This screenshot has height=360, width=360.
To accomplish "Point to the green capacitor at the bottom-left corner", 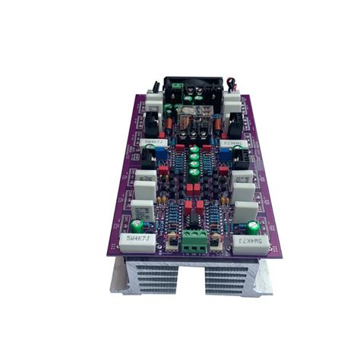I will coord(137,226).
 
